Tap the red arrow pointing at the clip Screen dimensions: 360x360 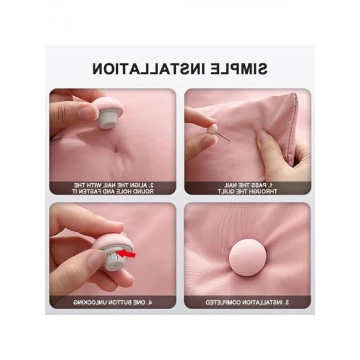(127, 254)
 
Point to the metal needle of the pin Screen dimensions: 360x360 (224, 137)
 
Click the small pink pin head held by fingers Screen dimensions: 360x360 (212, 129)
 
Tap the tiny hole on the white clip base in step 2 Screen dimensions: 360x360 (107, 124)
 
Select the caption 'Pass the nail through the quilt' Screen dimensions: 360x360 (247, 188)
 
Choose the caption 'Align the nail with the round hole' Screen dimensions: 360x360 (113, 188)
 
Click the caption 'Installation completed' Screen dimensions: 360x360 (247, 302)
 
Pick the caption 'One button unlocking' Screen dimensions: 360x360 (113, 302)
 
